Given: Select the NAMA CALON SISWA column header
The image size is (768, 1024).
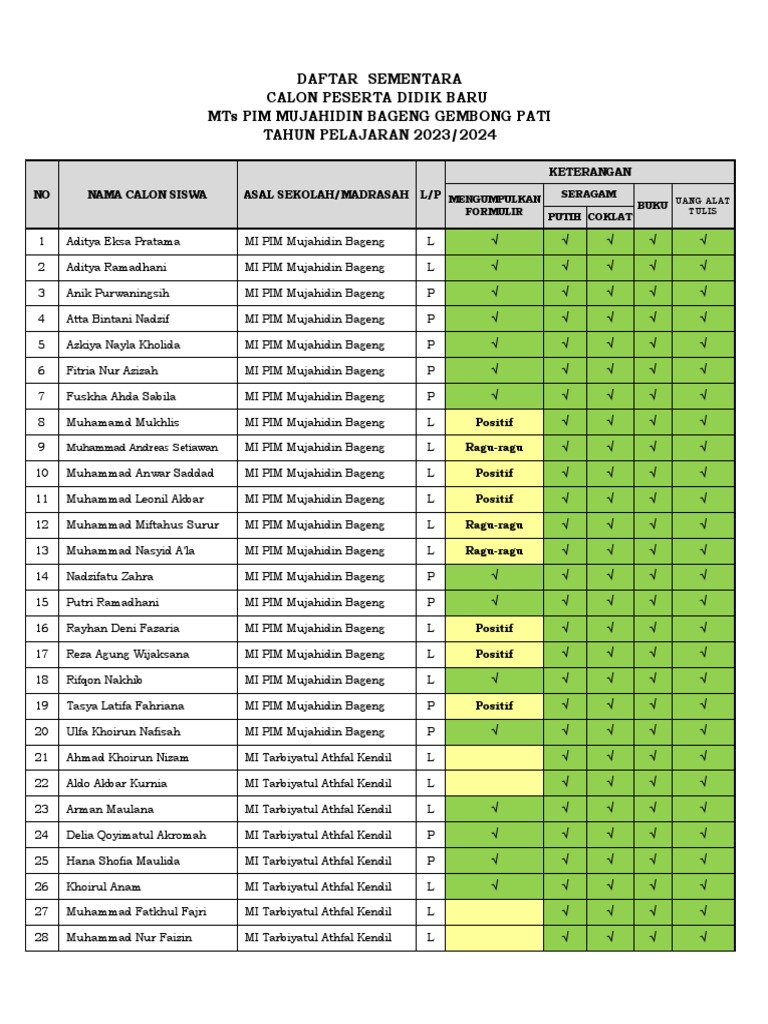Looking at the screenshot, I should point(147,195).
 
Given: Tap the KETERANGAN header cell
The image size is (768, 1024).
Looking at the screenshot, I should point(589,172).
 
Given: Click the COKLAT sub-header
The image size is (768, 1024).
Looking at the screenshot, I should point(609,217).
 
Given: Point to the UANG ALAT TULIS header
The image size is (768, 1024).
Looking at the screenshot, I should point(703,205).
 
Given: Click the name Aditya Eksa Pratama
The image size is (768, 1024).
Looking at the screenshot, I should point(123,242).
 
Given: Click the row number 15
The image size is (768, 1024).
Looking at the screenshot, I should point(42,603).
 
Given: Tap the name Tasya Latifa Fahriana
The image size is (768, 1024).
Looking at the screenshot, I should point(125,706).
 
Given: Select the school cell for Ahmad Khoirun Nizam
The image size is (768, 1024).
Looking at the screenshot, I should point(318,758).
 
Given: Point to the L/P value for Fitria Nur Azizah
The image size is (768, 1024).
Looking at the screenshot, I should point(430,371).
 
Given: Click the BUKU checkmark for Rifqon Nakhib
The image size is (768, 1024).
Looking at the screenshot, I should point(652,680).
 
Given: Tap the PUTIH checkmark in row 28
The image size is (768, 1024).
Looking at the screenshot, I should point(565,938).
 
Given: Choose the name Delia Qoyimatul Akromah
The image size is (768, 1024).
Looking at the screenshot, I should point(136,835).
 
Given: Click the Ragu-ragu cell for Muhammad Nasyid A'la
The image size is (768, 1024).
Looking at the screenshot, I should point(494,551).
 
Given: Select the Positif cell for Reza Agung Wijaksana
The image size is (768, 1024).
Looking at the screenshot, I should point(494,654).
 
